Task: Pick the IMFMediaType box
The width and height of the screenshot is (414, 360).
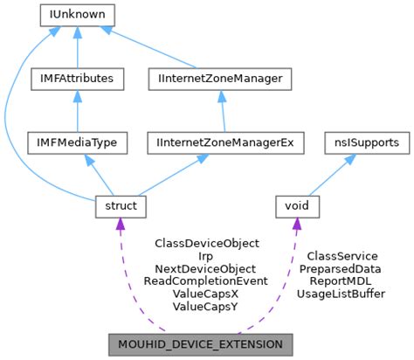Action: pyautogui.click(x=79, y=142)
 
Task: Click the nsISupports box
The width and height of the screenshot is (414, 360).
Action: pyautogui.click(x=362, y=142)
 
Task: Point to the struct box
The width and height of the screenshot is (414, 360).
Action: pyautogui.click(x=121, y=206)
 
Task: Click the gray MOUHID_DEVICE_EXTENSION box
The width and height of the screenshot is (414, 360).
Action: pyautogui.click(x=200, y=344)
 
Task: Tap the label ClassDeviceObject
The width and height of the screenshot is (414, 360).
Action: pyautogui.click(x=207, y=243)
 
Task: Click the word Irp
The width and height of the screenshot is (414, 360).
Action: pyautogui.click(x=206, y=256)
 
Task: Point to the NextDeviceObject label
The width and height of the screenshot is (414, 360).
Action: pyautogui.click(x=206, y=269)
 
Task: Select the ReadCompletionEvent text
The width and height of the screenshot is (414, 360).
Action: pyautogui.click(x=206, y=281)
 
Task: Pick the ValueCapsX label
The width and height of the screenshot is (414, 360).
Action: pyautogui.click(x=206, y=294)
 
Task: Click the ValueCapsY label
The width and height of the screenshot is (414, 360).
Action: pyautogui.click(x=206, y=307)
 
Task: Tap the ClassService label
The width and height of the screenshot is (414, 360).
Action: pyautogui.click(x=342, y=256)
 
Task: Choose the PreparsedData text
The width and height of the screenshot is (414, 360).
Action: pyautogui.click(x=342, y=269)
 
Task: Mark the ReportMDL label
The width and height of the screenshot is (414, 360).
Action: pyautogui.click(x=342, y=281)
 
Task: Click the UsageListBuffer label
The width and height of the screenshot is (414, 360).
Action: pyautogui.click(x=342, y=294)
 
